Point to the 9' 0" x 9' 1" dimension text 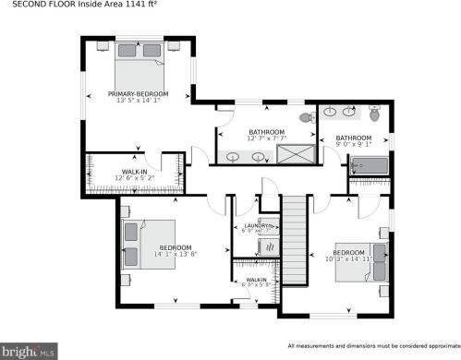click(354, 143)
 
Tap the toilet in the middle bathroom click(307, 118)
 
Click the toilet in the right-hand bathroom click(374, 115)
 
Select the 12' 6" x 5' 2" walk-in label click(135, 176)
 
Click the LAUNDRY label click(255, 225)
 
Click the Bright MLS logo click(30, 351)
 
